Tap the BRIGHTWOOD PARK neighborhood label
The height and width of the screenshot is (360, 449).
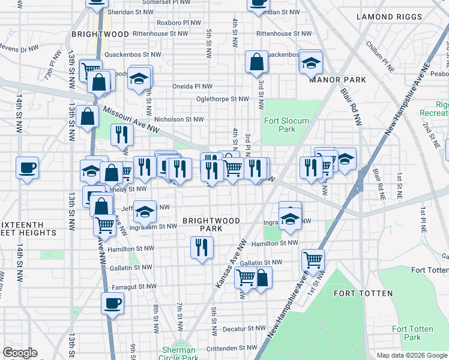pyautogui.click(x=211, y=224)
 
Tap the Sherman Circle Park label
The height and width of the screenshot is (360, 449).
pyautogui.click(x=179, y=354)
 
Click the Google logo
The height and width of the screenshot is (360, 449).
pyautogui.click(x=20, y=353)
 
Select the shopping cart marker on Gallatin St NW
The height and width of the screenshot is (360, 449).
pyautogui.click(x=313, y=259)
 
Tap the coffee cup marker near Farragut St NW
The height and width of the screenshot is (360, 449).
pyautogui.click(x=112, y=304)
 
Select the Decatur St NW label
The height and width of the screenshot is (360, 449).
pyautogui.click(x=243, y=329)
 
